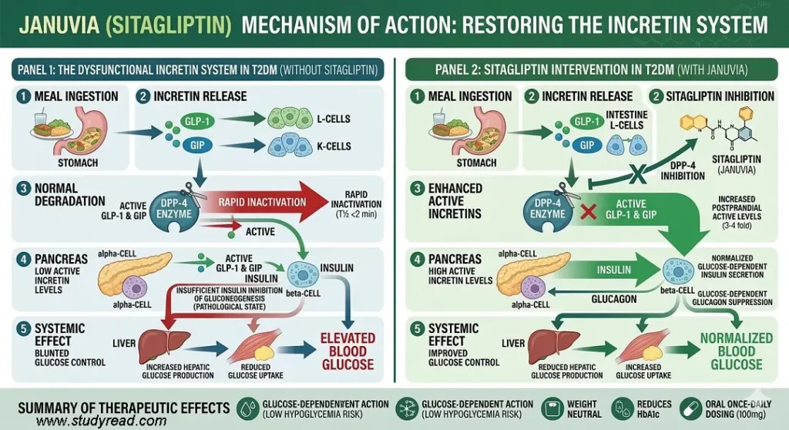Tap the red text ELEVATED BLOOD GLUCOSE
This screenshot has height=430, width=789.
click(x=347, y=351)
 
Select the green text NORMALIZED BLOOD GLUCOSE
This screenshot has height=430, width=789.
click(x=736, y=351)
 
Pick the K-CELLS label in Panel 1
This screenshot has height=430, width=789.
click(x=334, y=146)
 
